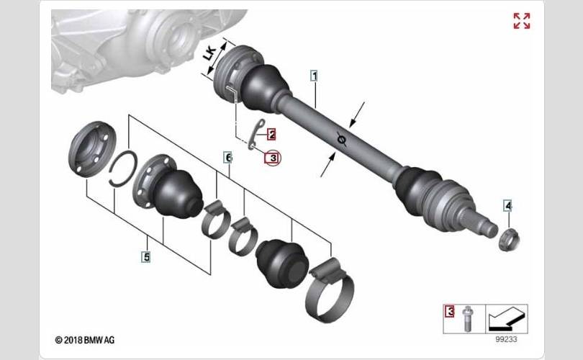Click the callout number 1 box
tap(315, 76)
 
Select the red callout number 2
tap(272, 135)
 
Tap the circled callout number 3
tap(273, 158)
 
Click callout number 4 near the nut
tap(508, 205)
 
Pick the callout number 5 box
tap(147, 256)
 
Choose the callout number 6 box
tap(228, 157)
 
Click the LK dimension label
tap(210, 53)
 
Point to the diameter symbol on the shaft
tap(342, 139)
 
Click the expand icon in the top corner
tap(522, 21)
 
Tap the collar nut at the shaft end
tap(509, 240)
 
